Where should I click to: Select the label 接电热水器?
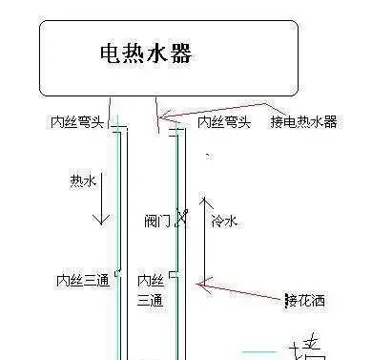point(303,122)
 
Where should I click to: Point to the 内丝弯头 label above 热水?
point(74,122)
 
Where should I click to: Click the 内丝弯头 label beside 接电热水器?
point(223,122)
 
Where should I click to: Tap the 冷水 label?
point(225,221)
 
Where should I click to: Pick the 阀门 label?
point(157,221)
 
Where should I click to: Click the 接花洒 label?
point(304,301)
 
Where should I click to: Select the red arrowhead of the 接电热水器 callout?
point(164,117)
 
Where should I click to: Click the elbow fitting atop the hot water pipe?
point(116,125)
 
